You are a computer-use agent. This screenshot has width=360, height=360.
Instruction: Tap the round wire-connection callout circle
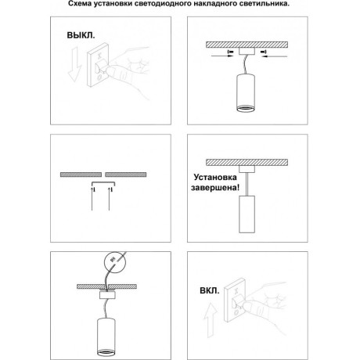[x=113, y=260]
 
